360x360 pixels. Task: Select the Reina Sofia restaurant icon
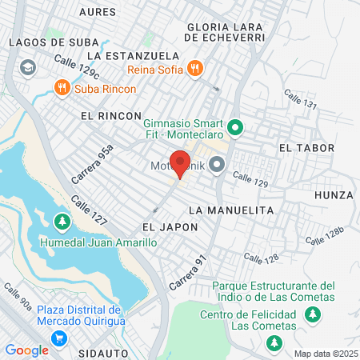click(194, 68)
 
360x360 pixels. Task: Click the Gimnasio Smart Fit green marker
click(234, 127)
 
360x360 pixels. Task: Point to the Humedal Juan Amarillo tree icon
click(61, 220)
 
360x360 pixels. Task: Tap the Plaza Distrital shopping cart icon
click(58, 338)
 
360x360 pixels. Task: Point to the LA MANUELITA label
click(230, 210)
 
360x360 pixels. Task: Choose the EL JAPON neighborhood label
click(158, 227)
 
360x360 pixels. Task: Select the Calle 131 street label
click(301, 100)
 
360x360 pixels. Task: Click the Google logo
click(26, 350)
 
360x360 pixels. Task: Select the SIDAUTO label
click(104, 351)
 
